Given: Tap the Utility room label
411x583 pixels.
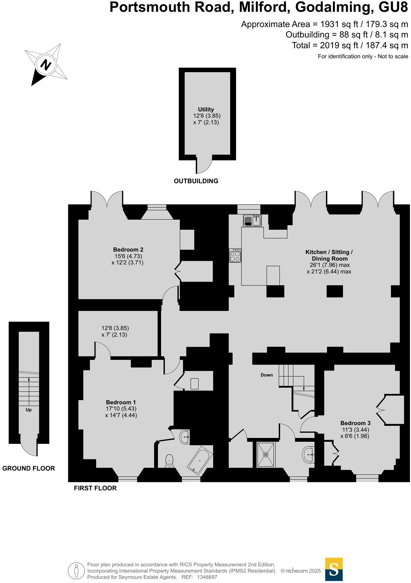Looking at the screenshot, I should coord(206,109).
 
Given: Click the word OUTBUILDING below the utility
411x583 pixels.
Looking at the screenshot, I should coord(196,181).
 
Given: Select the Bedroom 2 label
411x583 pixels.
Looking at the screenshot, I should coord(128,250).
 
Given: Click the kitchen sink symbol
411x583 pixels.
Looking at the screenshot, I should coord(252,220).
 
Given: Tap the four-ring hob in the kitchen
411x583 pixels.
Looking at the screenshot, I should coord(235,256).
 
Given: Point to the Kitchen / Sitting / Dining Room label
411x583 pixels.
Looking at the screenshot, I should coord(329,255).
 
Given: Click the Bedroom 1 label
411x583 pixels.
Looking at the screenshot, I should coord(121,402).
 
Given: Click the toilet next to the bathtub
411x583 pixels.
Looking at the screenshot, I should coord(169,461).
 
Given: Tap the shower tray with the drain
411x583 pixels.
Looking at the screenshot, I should coord(266,454).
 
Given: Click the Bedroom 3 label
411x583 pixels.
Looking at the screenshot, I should coord(355,423).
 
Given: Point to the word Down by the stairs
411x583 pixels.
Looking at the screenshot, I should coord(267,375).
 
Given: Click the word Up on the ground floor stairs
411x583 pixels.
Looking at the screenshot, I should coord(28,410).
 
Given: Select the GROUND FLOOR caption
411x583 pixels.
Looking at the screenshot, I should coord(28,468).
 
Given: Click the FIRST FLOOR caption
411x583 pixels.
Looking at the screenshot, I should coord(95,488).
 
